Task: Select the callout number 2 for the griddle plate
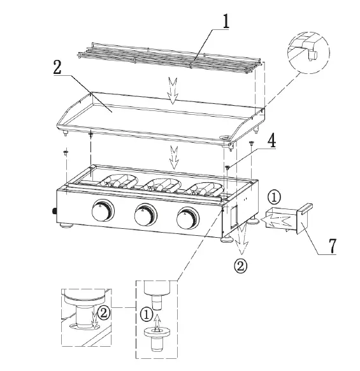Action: coord(57,69)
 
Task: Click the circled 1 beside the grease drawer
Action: coord(272,197)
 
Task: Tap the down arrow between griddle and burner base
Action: coord(173,154)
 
